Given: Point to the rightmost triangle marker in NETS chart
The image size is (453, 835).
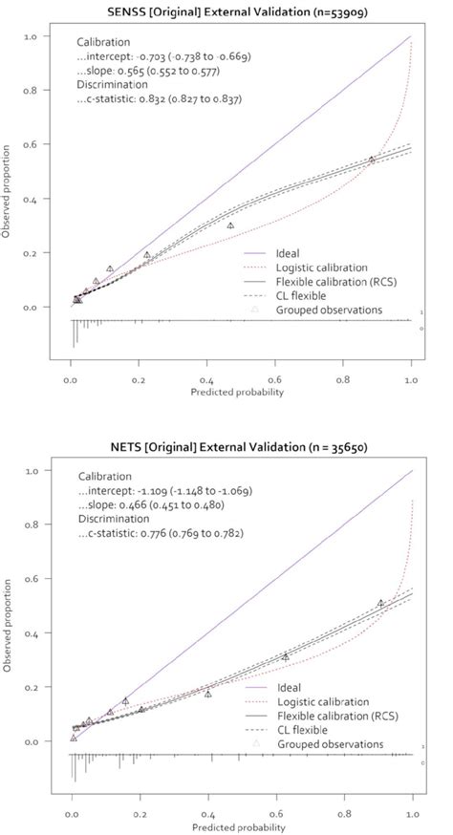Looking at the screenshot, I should click(380, 603).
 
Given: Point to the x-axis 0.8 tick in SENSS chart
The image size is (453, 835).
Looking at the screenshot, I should click(343, 378).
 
